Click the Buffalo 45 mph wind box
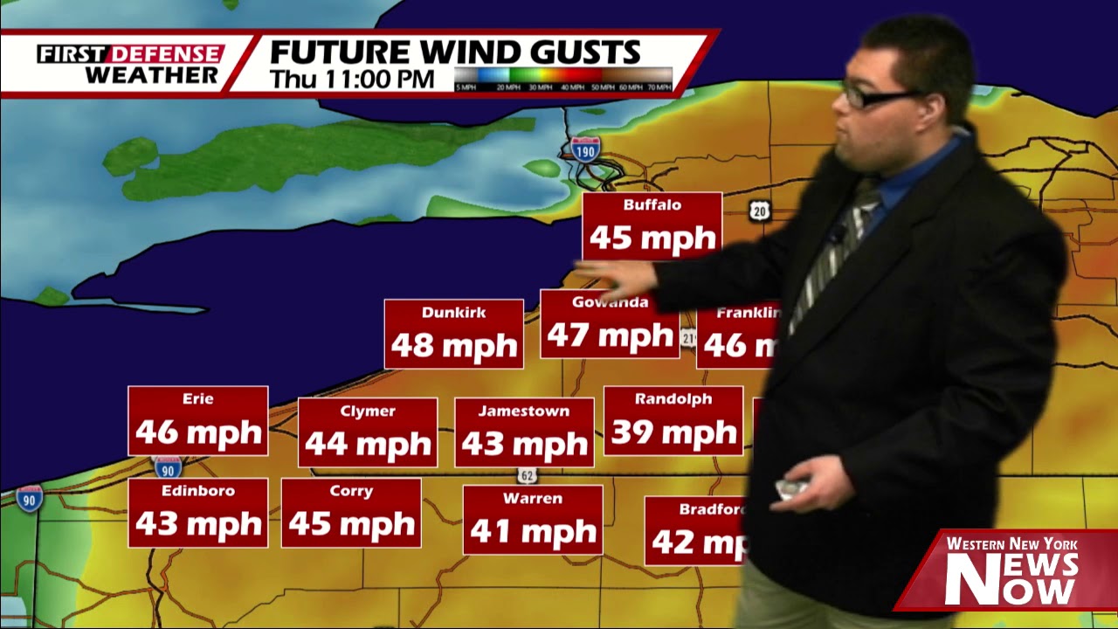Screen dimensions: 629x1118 pos(652,226)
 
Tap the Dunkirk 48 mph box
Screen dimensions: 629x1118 pos(453,334)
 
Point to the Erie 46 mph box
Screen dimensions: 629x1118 pos(197,420)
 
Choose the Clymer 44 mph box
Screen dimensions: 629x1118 pos(368,432)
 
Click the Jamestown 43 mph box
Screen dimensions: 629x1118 pos(524,432)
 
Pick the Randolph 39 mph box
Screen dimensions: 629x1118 pos(673,420)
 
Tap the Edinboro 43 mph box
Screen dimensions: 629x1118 pos(197,513)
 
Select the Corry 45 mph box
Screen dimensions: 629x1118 pos(351,513)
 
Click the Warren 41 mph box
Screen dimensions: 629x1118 pos(533,520)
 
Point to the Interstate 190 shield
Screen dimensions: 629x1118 pos(585,149)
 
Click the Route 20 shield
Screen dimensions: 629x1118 pos(760,210)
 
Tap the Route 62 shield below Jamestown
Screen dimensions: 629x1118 pos(527,475)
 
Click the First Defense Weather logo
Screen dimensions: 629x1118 pos(129,64)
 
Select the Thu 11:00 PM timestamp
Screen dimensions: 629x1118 pos(351,79)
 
